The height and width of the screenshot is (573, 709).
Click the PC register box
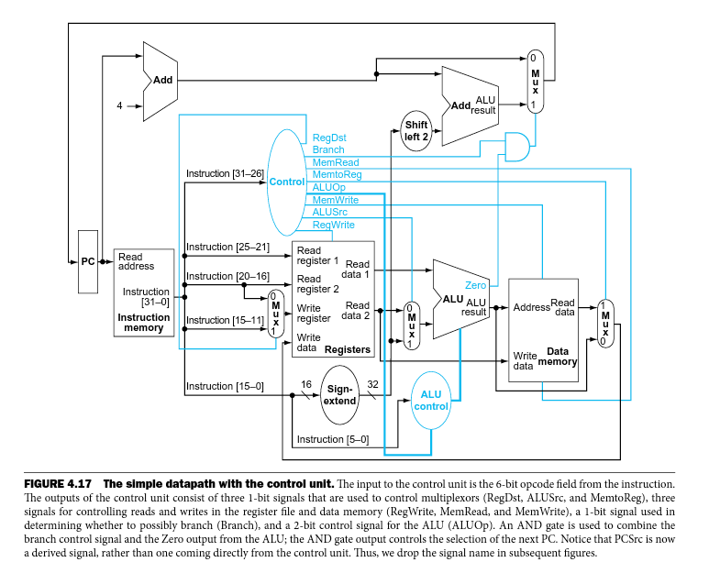(88, 261)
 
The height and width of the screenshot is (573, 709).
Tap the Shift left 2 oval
(416, 130)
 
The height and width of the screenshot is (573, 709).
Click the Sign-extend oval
(340, 393)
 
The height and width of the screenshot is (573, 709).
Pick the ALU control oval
(430, 401)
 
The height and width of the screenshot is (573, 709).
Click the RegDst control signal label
(328, 137)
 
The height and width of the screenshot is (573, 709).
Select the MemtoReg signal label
(337, 174)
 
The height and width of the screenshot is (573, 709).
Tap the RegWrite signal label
(334, 225)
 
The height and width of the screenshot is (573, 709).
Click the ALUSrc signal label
(330, 212)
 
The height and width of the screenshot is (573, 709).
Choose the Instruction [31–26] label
(225, 173)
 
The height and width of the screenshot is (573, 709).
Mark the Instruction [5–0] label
(333, 439)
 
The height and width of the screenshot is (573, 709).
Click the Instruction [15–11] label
(225, 320)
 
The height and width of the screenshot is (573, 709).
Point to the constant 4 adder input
(118, 105)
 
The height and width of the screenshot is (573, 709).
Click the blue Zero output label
(476, 285)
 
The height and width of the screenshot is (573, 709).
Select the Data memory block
(544, 329)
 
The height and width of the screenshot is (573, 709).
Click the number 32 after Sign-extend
(372, 385)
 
